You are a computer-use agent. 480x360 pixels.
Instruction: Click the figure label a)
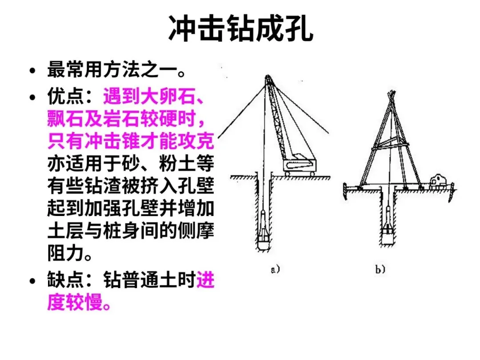pos(275,269)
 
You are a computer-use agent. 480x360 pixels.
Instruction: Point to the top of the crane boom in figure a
pos(269,78)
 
